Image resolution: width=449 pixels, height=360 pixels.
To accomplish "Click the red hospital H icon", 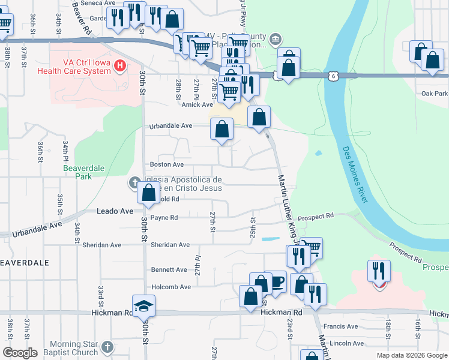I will (121, 65).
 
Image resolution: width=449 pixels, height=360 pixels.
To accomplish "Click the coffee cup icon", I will (276, 281).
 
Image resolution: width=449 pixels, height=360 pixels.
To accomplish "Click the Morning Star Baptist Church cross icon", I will (107, 347).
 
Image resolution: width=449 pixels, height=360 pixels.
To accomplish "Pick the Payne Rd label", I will (164, 218).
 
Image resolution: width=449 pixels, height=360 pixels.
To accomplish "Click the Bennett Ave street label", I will (169, 270).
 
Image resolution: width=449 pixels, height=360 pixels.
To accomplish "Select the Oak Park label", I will (435, 94).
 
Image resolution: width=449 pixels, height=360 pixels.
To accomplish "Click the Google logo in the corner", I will (20, 353).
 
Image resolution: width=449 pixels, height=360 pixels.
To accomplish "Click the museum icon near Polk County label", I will (276, 40).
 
